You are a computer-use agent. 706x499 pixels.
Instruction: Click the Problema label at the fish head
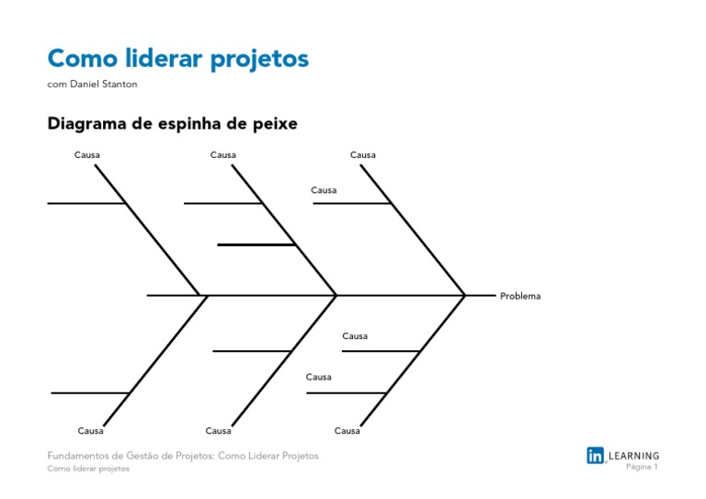pos(520,296)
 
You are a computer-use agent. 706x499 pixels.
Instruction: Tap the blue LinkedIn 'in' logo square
pos(596,455)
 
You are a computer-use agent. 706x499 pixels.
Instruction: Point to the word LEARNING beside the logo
pos(634,455)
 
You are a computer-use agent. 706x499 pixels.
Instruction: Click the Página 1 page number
pos(642,467)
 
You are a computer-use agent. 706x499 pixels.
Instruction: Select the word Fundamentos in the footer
pos(82,456)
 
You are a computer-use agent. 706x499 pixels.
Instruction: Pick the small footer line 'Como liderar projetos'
pos(88,469)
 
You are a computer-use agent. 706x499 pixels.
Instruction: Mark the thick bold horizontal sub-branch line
pos(256,244)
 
